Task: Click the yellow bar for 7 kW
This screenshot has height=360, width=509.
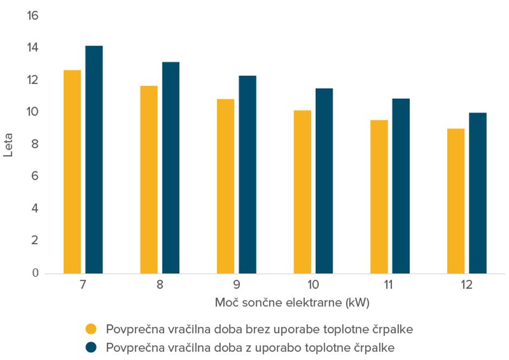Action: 72,172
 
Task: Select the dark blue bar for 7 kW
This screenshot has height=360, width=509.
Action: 94,160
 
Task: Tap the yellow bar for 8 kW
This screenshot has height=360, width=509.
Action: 149,180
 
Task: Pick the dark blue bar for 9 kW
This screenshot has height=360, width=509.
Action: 247,174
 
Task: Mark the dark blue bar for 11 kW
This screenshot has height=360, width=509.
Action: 401,186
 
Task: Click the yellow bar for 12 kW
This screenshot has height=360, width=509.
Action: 456,201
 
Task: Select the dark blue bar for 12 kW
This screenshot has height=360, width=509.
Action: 478,193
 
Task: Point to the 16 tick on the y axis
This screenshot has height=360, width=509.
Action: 33,16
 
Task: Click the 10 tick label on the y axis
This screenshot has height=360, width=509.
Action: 33,112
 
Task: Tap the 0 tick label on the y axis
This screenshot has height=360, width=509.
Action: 35,273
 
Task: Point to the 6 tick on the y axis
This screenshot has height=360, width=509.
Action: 35,176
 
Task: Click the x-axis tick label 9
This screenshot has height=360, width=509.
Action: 237,285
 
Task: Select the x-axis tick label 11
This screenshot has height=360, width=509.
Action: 390,285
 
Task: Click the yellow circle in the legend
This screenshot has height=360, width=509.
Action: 92,329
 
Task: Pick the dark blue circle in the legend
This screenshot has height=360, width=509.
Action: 92,347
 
